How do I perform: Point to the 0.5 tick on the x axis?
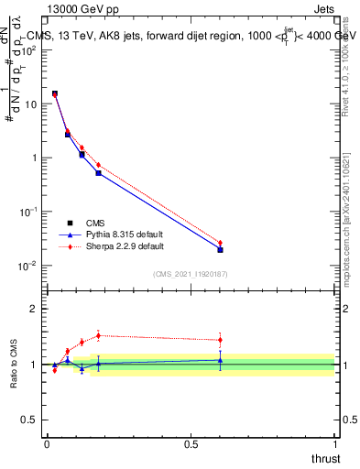point(191,443)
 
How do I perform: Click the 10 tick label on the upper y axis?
point(31,104)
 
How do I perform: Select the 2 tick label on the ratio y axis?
point(34,309)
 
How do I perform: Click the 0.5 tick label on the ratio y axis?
point(29,420)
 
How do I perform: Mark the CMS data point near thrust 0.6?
point(220,249)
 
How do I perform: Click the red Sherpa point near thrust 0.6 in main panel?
point(220,243)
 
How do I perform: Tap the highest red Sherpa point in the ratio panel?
point(98,335)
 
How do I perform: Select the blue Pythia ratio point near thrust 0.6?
point(220,360)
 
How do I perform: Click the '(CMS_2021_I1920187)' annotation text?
point(191,273)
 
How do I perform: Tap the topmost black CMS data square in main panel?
point(54,93)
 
